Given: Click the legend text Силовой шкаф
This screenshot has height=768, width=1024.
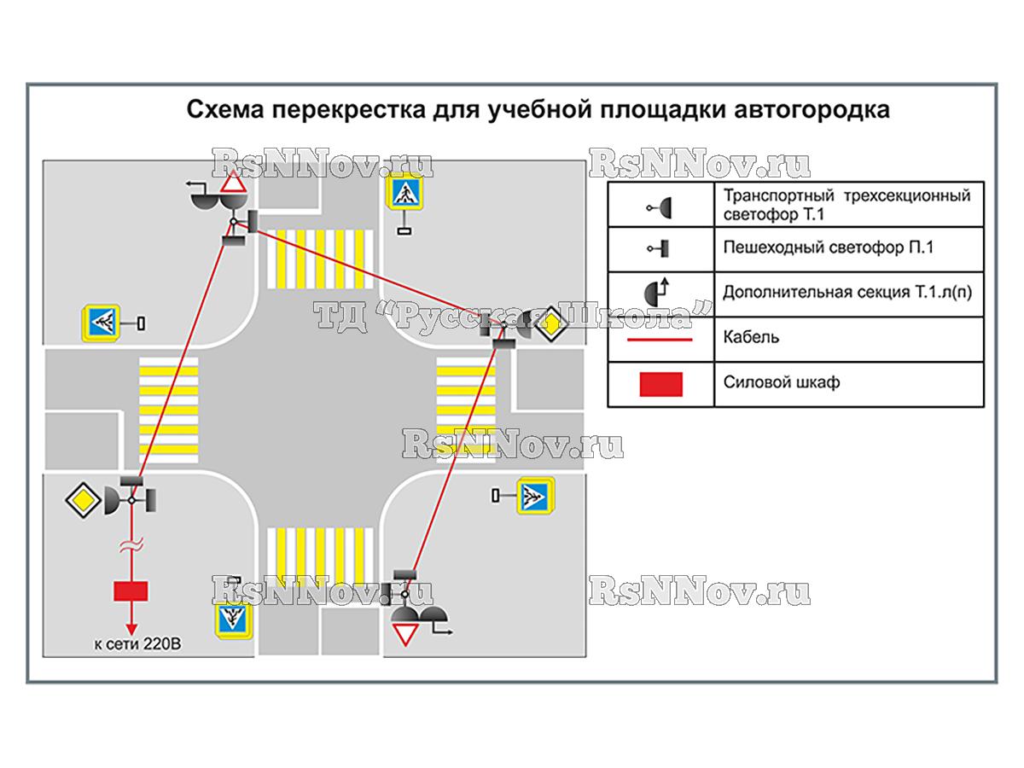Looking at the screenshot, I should pyautogui.click(x=781, y=382).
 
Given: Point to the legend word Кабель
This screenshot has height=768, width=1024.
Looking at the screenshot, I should pyautogui.click(x=751, y=337).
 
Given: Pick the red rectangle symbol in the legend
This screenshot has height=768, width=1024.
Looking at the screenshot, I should pyautogui.click(x=660, y=383).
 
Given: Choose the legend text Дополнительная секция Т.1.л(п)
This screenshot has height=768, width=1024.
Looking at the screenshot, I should pyautogui.click(x=847, y=292).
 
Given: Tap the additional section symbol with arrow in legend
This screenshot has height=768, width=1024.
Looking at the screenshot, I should pyautogui.click(x=660, y=292).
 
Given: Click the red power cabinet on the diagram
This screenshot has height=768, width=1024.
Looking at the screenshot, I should pyautogui.click(x=131, y=591).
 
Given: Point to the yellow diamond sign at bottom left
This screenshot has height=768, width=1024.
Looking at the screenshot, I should pyautogui.click(x=83, y=497).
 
